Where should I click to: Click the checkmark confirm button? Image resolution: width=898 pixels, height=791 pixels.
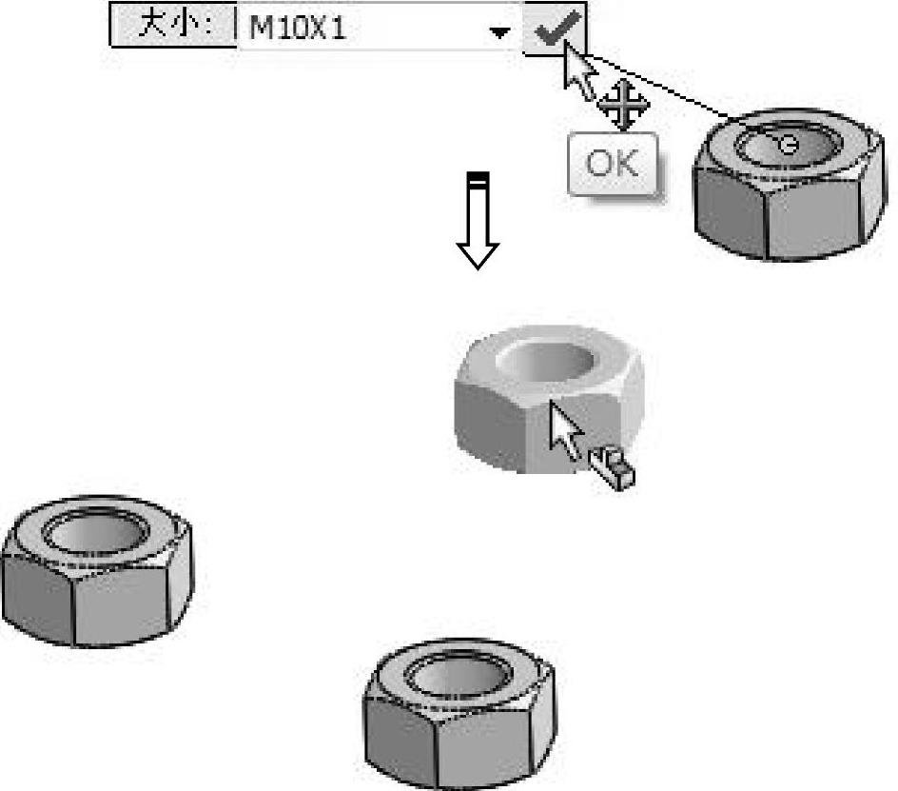coord(555,29)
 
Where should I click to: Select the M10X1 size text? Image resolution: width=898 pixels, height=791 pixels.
coord(297,29)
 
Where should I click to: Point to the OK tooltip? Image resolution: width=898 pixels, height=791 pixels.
coord(613,164)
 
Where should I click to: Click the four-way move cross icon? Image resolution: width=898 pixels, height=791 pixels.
coord(623,104)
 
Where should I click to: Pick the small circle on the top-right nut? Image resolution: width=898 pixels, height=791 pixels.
coord(788,144)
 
